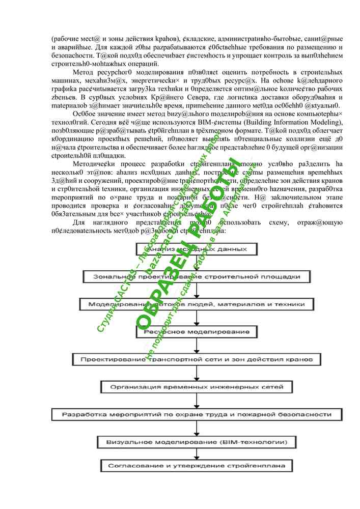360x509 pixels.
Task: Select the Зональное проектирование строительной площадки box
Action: tap(197, 276)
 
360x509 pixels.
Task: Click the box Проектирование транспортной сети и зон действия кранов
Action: tap(197, 359)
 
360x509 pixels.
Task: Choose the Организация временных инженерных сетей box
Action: tap(197, 387)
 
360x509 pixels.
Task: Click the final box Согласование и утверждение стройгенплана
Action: tap(197, 466)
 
